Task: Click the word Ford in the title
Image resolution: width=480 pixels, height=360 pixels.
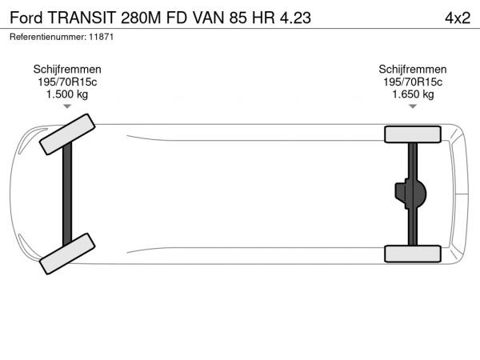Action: pyautogui.click(x=26, y=18)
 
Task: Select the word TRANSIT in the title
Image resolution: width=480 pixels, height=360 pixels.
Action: pyautogui.click(x=82, y=18)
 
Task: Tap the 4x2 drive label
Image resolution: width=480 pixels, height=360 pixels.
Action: pyautogui.click(x=458, y=18)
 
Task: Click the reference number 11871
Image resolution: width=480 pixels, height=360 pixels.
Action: pyautogui.click(x=102, y=37)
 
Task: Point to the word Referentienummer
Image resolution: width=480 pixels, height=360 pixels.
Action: pyautogui.click(x=48, y=37)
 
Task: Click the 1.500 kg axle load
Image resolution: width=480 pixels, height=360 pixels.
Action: pyautogui.click(x=67, y=94)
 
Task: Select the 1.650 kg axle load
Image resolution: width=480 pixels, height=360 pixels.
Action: pyautogui.click(x=413, y=94)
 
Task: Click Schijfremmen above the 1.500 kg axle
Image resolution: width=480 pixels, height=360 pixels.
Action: pyautogui.click(x=67, y=70)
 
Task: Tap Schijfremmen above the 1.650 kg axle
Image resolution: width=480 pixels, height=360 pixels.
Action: pyautogui.click(x=413, y=70)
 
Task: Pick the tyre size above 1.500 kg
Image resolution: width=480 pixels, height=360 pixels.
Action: pyautogui.click(x=67, y=82)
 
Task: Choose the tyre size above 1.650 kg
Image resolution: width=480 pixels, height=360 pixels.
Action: pyautogui.click(x=413, y=82)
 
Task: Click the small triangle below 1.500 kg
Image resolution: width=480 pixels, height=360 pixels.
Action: pyautogui.click(x=67, y=106)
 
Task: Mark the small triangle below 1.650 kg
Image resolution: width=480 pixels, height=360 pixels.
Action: pyautogui.click(x=413, y=106)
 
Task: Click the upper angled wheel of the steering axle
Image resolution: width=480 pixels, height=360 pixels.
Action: pyautogui.click(x=67, y=134)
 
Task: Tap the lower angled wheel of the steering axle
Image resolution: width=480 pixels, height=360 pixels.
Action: pyautogui.click(x=67, y=254)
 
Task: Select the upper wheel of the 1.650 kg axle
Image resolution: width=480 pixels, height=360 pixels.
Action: pyautogui.click(x=413, y=134)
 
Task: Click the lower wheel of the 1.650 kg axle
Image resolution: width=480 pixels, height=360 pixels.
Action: pyautogui.click(x=413, y=254)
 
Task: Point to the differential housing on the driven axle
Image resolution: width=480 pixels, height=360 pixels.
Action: pyautogui.click(x=410, y=194)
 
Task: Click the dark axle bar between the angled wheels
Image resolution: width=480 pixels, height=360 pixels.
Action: pyautogui.click(x=67, y=194)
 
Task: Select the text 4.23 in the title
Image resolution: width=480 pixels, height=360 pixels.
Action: pyautogui.click(x=295, y=18)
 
